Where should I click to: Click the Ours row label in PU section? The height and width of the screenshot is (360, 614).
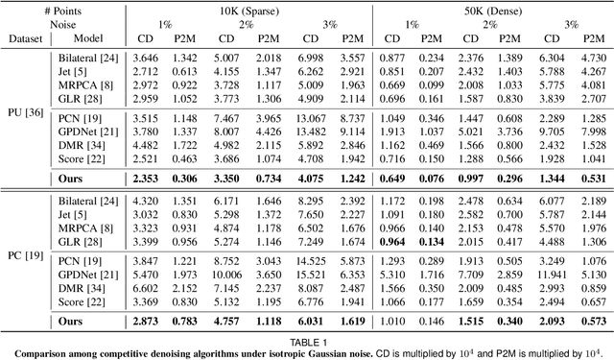point(72,179)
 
